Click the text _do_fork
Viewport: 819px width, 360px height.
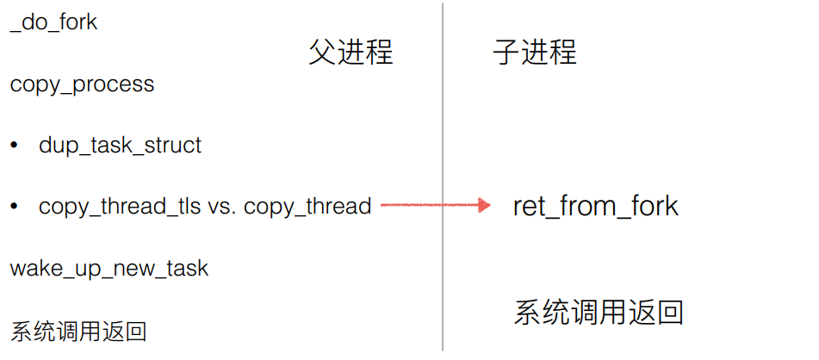click(x=53, y=22)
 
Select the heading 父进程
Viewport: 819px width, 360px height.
click(x=351, y=52)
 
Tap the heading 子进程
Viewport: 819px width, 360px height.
click(x=534, y=52)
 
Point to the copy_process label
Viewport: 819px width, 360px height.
click(x=82, y=84)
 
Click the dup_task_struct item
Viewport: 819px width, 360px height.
click(x=120, y=145)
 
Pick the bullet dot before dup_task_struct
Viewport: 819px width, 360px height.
click(x=14, y=145)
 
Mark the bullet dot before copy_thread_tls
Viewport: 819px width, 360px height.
click(x=14, y=207)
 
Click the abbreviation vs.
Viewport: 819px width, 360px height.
click(x=223, y=207)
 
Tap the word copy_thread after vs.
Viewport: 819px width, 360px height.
click(x=307, y=207)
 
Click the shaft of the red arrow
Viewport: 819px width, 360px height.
click(x=426, y=205)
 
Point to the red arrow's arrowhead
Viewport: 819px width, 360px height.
click(x=484, y=205)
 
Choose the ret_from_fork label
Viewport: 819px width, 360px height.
click(x=595, y=206)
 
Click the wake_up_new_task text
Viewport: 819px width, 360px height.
click(x=109, y=268)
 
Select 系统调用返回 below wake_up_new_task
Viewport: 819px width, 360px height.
click(x=78, y=331)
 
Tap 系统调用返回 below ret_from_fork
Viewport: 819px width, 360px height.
click(x=599, y=311)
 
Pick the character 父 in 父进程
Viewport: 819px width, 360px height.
click(x=322, y=52)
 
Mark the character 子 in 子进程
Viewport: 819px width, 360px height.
click(x=506, y=52)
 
